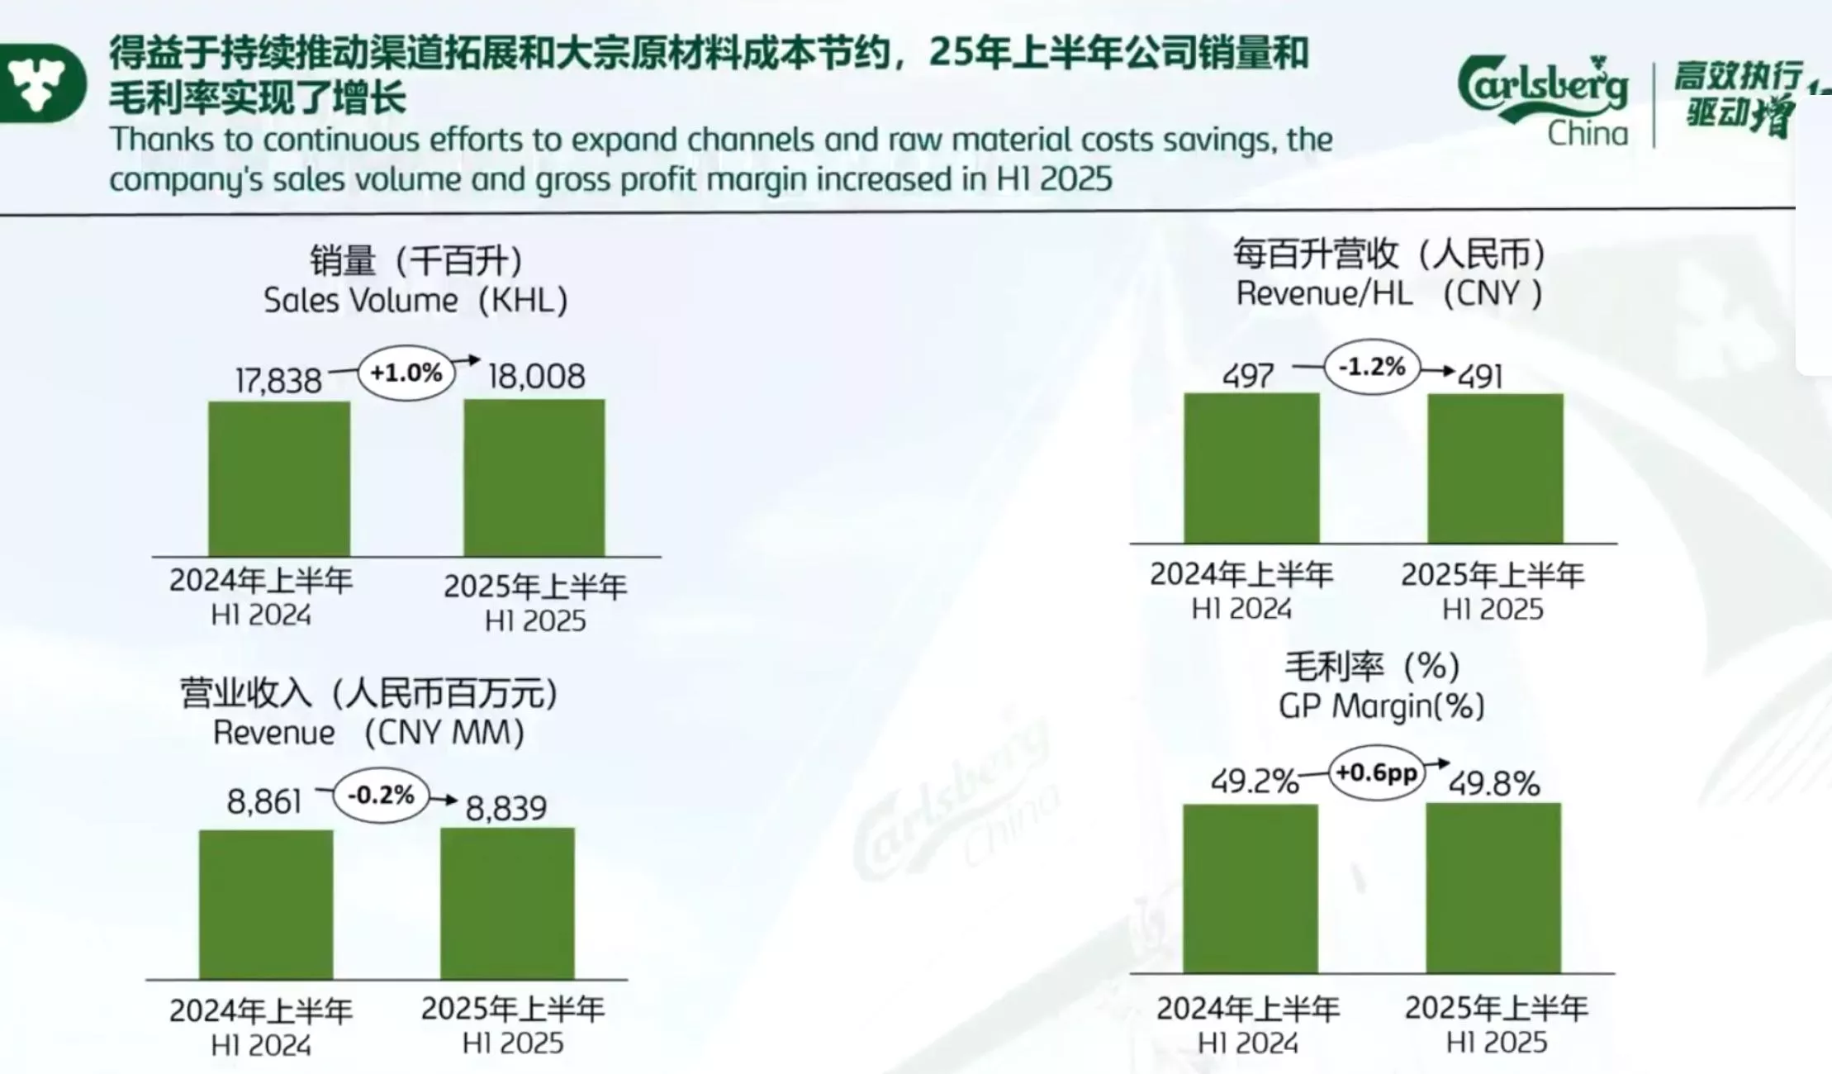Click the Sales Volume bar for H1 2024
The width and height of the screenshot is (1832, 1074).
tap(279, 479)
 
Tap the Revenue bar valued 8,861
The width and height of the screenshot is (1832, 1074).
tap(266, 905)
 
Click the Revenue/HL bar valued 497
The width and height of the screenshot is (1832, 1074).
tap(1251, 468)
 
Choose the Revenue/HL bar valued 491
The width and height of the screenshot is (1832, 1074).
tap(1495, 468)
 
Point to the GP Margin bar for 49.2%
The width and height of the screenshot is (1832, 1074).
tap(1251, 888)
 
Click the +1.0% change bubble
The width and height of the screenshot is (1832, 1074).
tap(406, 373)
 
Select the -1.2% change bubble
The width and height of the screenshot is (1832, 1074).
tap(1372, 367)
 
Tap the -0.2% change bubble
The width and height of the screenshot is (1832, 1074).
tap(381, 796)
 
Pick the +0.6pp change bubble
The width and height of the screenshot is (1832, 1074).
tap(1377, 773)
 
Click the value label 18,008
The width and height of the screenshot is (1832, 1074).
tap(537, 377)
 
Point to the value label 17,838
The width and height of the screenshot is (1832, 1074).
tap(278, 381)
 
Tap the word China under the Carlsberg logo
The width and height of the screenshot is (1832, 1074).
tap(1588, 134)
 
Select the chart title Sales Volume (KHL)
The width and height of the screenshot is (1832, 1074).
tap(415, 300)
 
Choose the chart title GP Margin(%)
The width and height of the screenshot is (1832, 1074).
tap(1381, 706)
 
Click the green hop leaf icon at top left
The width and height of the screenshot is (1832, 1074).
tap(40, 83)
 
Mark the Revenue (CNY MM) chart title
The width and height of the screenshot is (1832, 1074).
tap(368, 733)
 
